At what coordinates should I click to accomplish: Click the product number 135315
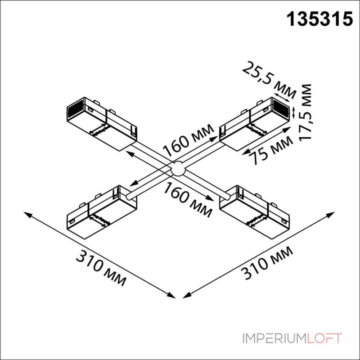click(x=319, y=19)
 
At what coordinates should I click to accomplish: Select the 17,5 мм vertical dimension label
click(x=305, y=112)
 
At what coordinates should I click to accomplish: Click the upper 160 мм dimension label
click(x=189, y=140)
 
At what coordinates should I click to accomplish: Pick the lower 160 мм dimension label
click(x=188, y=199)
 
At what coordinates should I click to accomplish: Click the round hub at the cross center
click(x=178, y=168)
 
